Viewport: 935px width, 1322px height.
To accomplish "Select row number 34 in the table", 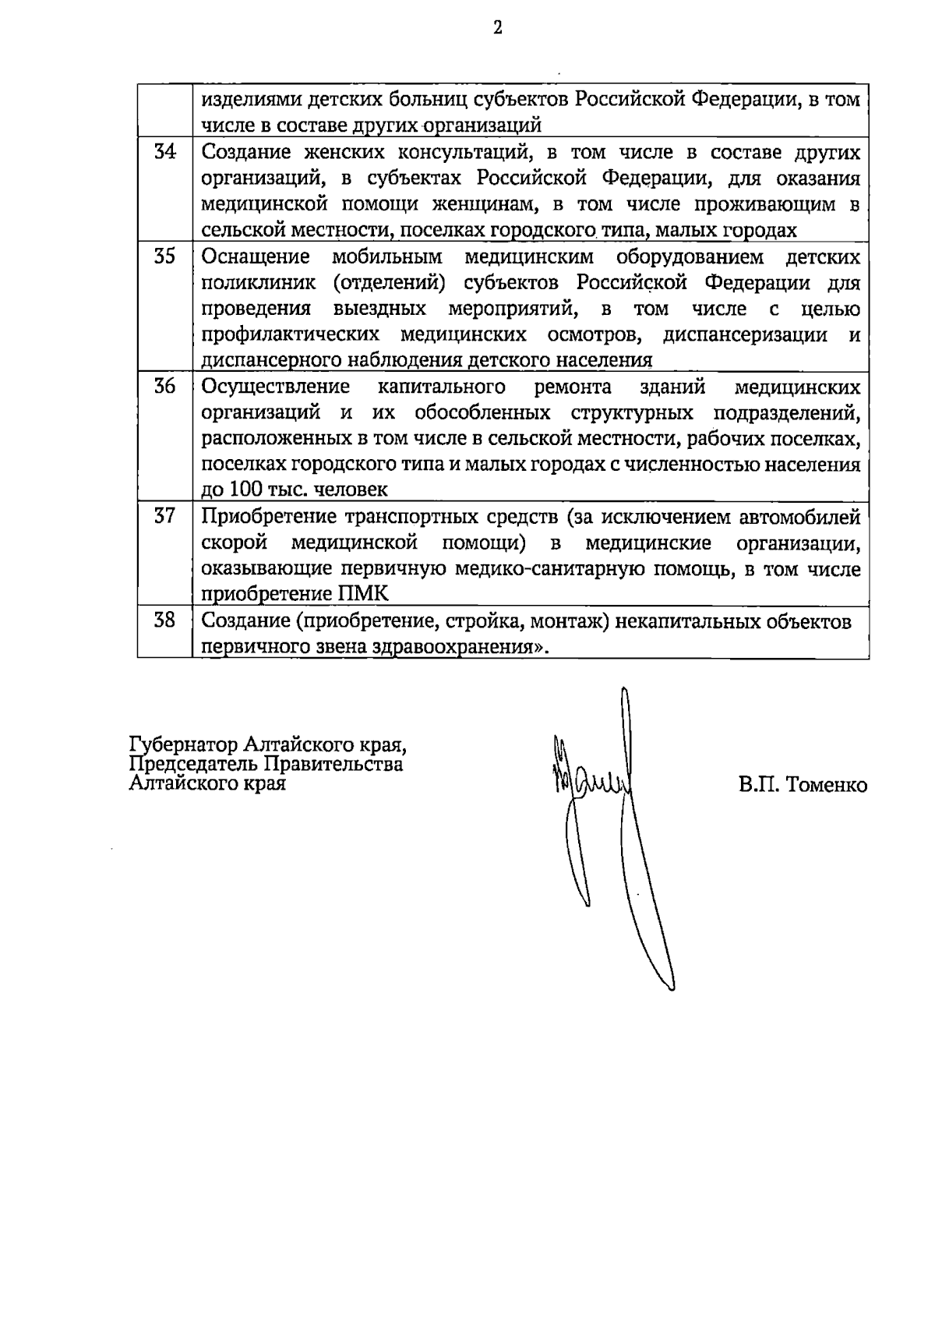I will pyautogui.click(x=164, y=152).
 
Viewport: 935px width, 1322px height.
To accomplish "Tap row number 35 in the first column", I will pyautogui.click(x=164, y=256).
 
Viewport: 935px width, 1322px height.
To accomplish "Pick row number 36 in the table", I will pyautogui.click(x=164, y=387).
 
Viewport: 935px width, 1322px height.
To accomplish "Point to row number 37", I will pyautogui.click(x=164, y=516).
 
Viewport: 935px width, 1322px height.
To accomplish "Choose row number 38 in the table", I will pyautogui.click(x=164, y=620).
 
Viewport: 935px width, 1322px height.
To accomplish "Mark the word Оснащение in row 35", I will pyautogui.click(x=256, y=257).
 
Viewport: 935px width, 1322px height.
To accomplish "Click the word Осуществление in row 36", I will pyautogui.click(x=276, y=387).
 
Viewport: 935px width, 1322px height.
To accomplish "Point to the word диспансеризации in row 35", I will pyautogui.click(x=745, y=335).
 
